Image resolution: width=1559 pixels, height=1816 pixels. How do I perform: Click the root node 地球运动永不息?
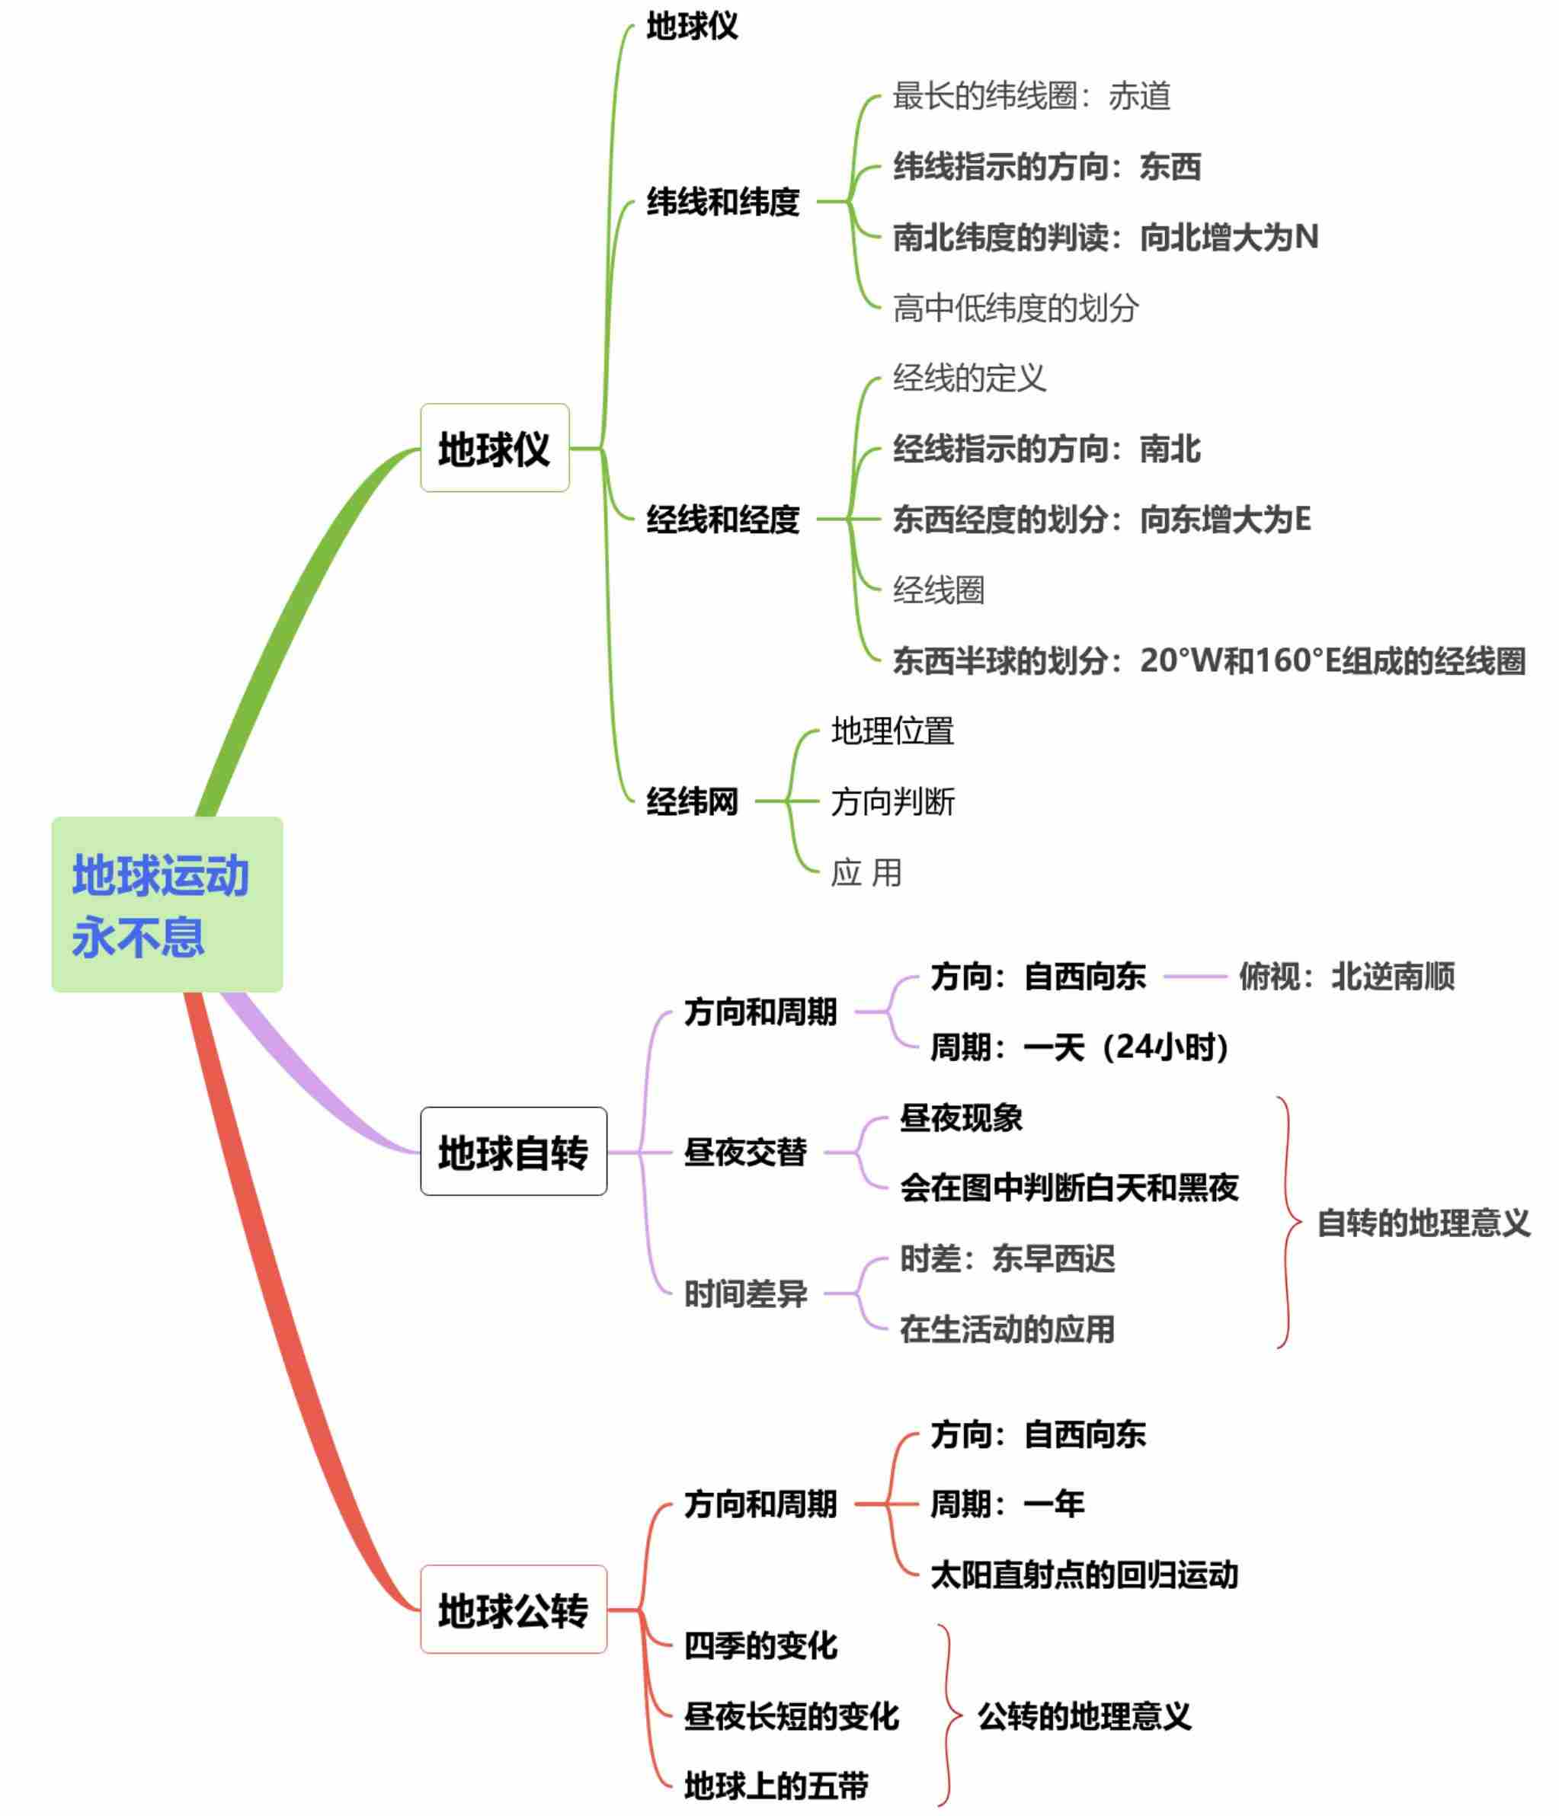click(x=167, y=904)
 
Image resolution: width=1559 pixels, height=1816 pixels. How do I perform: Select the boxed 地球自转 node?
click(x=513, y=1152)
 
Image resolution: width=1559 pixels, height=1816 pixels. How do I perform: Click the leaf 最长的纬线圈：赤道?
click(x=1031, y=95)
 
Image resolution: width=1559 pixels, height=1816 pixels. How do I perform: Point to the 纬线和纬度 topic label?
click(x=722, y=202)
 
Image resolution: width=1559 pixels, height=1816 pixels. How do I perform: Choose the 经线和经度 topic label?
click(x=722, y=519)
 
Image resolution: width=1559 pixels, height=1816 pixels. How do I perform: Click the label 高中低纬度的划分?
click(x=1016, y=308)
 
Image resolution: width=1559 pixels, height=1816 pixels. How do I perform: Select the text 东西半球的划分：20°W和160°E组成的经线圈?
click(x=1209, y=660)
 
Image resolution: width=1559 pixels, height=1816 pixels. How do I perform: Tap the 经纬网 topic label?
click(x=692, y=801)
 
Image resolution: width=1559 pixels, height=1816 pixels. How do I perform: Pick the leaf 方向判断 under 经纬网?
click(x=892, y=801)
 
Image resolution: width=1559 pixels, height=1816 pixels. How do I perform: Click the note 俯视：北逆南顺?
click(x=1346, y=976)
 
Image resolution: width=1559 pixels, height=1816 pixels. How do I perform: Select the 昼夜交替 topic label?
click(x=745, y=1152)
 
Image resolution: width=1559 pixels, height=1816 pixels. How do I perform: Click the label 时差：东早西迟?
click(x=1007, y=1258)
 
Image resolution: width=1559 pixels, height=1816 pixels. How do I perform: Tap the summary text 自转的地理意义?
click(x=1423, y=1223)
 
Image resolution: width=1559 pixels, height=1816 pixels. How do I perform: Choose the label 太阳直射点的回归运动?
click(x=1084, y=1574)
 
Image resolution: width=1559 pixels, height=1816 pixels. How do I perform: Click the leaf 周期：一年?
click(x=1007, y=1504)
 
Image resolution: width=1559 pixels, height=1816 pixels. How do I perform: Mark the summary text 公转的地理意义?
click(x=1084, y=1715)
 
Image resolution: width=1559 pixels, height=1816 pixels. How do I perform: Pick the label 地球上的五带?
click(x=776, y=1786)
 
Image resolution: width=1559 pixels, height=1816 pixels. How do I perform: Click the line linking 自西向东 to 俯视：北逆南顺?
click(x=1194, y=976)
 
